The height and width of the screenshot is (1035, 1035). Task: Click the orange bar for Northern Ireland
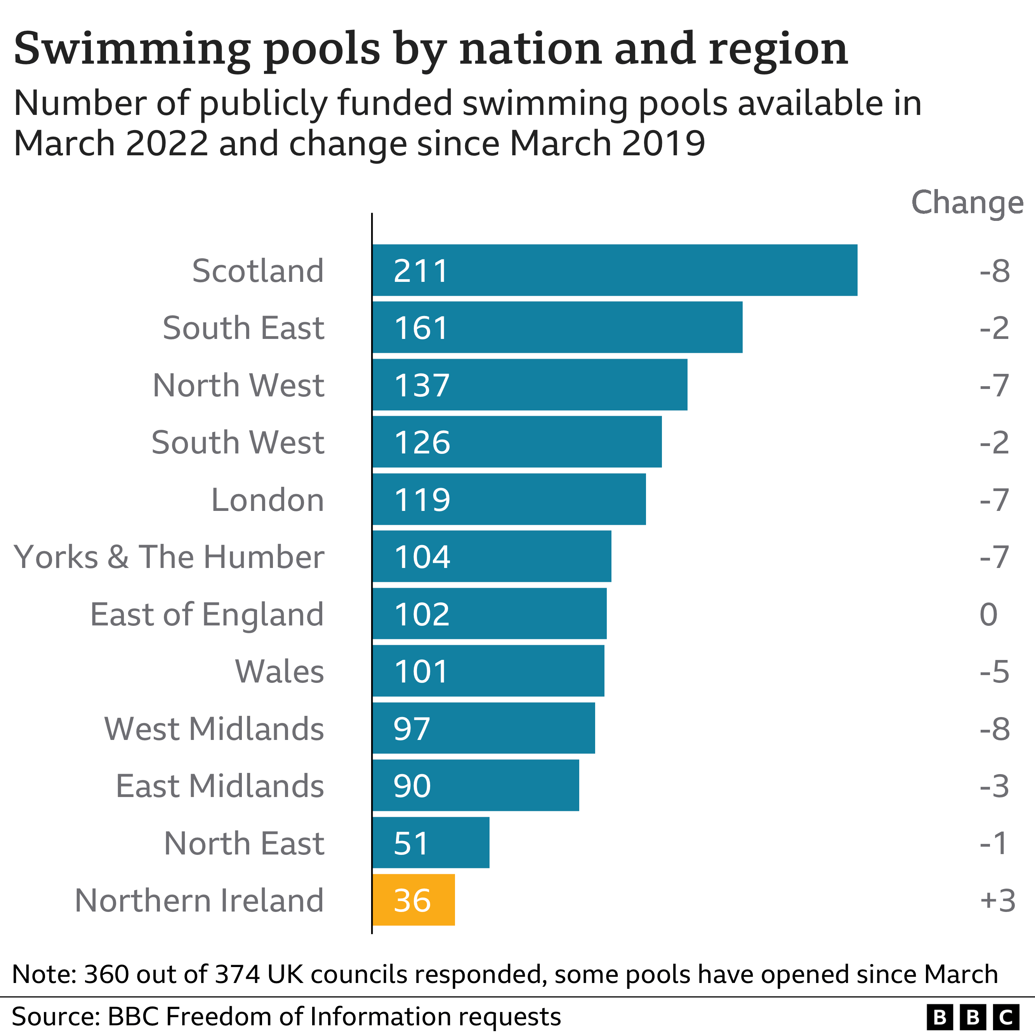click(413, 900)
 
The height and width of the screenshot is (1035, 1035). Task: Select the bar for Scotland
click(615, 270)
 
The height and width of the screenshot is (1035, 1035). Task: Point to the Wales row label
click(279, 671)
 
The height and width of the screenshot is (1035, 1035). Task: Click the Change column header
click(967, 203)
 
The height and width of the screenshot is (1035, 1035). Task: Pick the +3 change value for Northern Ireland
click(997, 900)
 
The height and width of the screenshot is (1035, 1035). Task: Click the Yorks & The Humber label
click(169, 557)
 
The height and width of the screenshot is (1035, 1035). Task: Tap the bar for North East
click(431, 843)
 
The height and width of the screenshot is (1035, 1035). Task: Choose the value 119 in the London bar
click(422, 499)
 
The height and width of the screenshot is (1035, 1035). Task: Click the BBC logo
click(972, 1016)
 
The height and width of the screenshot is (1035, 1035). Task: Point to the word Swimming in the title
click(132, 49)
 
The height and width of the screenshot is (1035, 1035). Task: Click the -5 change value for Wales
click(994, 671)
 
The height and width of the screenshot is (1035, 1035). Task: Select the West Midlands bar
click(483, 728)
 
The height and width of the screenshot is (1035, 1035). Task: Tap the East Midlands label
click(220, 786)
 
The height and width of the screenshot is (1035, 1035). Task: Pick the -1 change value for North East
click(994, 843)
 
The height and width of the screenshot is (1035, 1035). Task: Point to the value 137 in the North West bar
click(422, 385)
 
